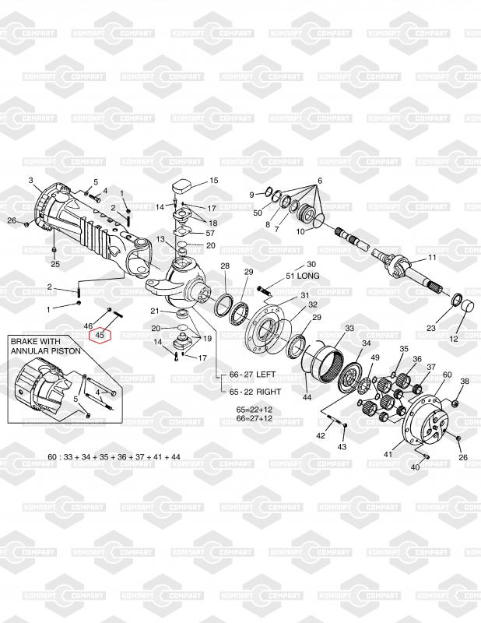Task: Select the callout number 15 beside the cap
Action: point(214,180)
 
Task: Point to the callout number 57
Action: point(210,233)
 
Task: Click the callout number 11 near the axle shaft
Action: point(433,258)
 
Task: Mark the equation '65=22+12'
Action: point(255,409)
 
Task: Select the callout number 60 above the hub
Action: point(447,375)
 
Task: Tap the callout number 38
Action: point(465,381)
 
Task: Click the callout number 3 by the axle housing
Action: point(31,181)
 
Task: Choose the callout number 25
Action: point(54,264)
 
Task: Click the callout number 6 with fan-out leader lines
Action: point(318,181)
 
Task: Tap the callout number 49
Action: point(374,358)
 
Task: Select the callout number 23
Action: point(431,329)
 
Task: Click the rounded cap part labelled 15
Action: point(181,188)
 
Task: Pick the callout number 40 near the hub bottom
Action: point(414,467)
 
